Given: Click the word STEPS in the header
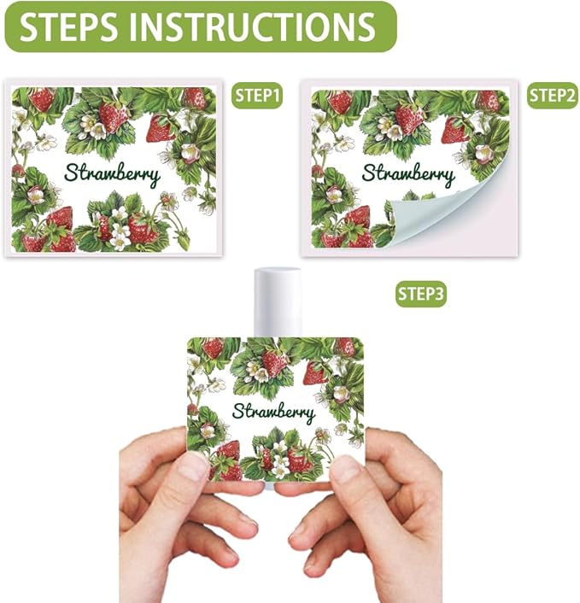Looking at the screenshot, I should [x=67, y=26].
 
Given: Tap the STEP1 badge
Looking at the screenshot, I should [x=257, y=97].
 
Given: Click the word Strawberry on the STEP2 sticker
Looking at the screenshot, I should [x=408, y=173].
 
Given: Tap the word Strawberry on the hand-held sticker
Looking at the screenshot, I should [x=273, y=412].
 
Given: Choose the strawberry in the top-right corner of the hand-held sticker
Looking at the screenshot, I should [x=344, y=346].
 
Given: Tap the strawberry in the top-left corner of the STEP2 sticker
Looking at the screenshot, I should [x=339, y=102].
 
